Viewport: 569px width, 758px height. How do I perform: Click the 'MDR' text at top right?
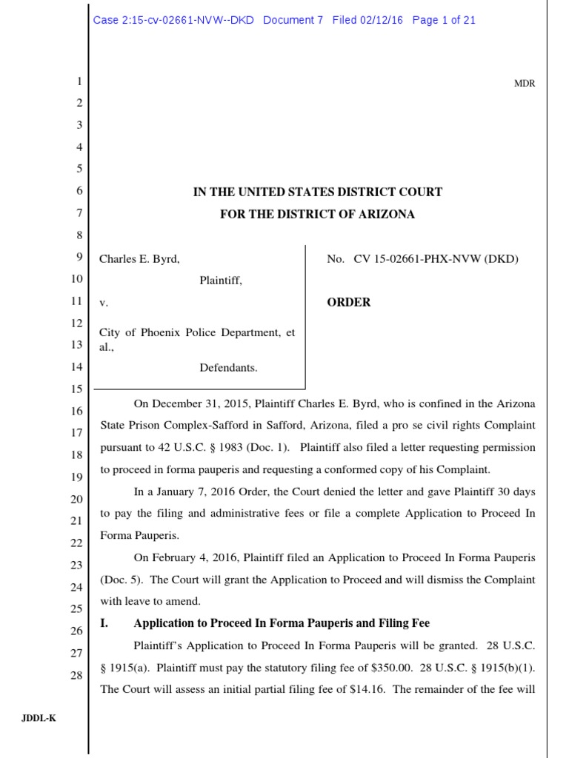click(x=525, y=84)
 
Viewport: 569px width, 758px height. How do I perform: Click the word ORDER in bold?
click(x=349, y=303)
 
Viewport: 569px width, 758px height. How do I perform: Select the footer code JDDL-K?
click(x=43, y=717)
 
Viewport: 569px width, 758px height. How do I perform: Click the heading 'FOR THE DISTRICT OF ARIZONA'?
click(x=317, y=215)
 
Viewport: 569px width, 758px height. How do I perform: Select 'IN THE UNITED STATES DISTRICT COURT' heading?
click(x=317, y=192)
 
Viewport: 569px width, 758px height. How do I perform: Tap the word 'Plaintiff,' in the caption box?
click(x=221, y=281)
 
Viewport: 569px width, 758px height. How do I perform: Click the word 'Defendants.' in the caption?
click(x=228, y=367)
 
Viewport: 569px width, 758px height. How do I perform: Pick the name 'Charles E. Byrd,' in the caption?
click(x=139, y=259)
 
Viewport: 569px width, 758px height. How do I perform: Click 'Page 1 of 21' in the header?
click(x=444, y=21)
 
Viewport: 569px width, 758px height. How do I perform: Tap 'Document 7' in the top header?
click(x=293, y=21)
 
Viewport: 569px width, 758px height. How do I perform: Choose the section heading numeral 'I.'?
click(x=104, y=623)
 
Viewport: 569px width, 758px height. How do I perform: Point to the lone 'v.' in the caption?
click(x=103, y=303)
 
